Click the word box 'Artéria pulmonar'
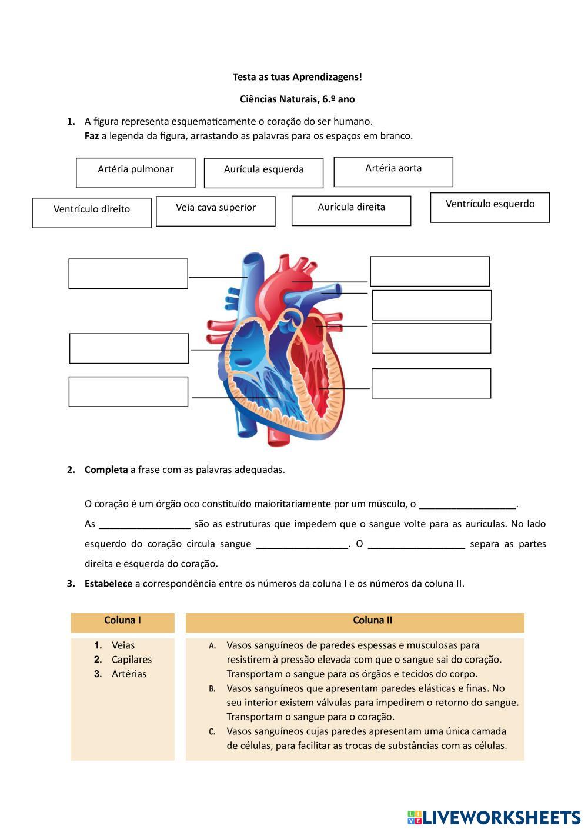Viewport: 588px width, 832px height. pos(135,172)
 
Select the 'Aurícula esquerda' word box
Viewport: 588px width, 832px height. pos(263,173)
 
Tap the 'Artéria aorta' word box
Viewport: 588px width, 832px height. pos(393,172)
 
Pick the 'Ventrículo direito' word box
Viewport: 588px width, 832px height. pos(92,212)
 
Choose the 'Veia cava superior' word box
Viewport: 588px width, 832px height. pos(216,211)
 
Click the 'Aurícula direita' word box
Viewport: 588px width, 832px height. pos(351,211)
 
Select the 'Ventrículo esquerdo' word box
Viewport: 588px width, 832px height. pos(490,208)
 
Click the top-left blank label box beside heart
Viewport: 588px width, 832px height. pos(128,274)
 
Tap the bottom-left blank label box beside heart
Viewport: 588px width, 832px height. pos(128,392)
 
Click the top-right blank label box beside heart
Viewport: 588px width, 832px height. pos(430,271)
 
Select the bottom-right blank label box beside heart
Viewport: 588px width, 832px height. pos(431,384)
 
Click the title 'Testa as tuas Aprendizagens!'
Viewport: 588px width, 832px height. pos(298,77)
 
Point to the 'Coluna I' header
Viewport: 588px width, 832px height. pos(122,620)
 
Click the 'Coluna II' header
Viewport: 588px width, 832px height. pos(373,620)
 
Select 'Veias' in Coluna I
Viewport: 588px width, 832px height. pos(123,645)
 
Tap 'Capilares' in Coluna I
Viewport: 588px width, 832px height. pos(132,660)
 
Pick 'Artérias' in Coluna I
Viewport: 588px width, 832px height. pos(129,674)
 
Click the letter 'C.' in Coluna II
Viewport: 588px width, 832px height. pos(212,732)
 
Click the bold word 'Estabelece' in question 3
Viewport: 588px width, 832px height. pos(108,584)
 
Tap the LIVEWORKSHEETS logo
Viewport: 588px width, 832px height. pos(494,817)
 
